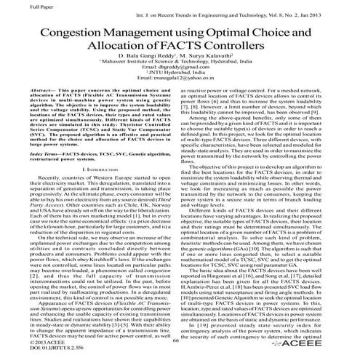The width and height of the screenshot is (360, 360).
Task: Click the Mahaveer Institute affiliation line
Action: click(179, 73)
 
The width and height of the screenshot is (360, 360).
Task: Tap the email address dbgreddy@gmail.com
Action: click(179, 80)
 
